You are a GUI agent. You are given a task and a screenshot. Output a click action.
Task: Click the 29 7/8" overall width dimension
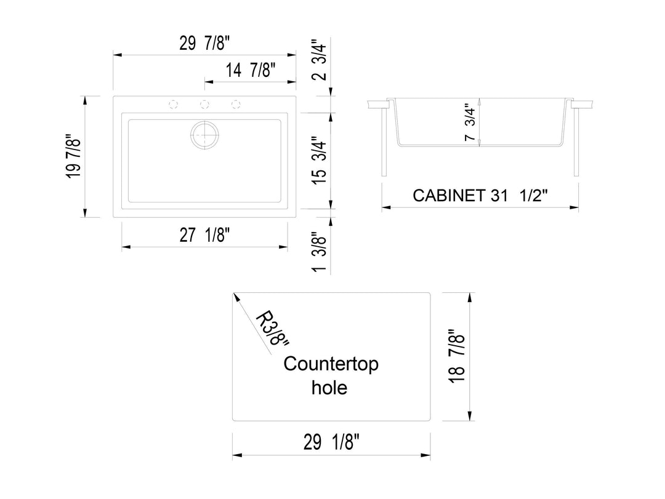206,44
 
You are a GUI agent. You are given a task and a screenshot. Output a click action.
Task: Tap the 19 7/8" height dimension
73,156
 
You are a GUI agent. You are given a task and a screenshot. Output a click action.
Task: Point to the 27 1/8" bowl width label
205,235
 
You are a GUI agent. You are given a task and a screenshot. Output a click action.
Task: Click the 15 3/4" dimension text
320,159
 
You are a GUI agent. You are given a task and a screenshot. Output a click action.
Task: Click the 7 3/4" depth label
470,123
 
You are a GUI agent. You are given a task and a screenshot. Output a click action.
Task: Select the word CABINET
448,196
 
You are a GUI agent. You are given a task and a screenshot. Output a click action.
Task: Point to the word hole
329,388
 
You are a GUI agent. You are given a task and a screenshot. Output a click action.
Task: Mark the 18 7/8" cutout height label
456,356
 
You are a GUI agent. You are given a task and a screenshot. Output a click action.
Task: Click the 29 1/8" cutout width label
331,442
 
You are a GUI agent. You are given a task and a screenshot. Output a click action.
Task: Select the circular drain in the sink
204,134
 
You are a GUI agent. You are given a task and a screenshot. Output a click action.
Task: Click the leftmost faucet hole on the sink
174,103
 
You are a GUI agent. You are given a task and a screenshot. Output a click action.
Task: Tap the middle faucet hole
205,103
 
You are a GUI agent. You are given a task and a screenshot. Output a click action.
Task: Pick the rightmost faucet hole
235,103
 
